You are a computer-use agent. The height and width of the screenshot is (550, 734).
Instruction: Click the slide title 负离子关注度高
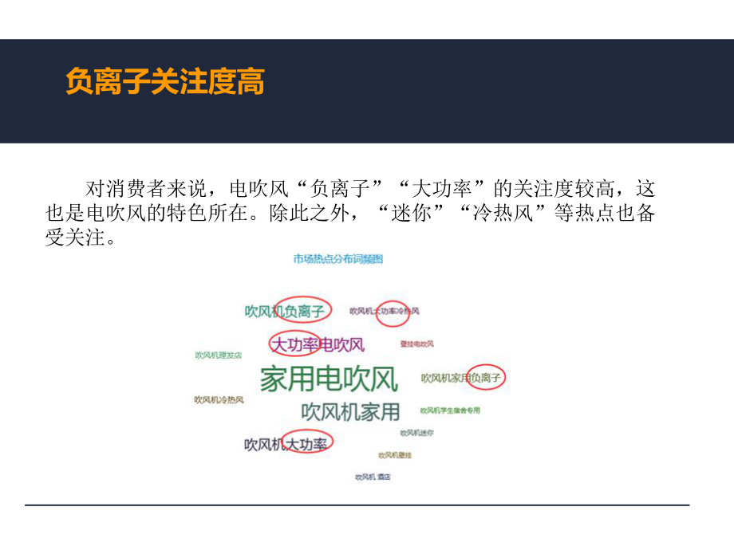(164, 82)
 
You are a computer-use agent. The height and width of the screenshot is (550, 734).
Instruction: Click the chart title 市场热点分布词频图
(337, 258)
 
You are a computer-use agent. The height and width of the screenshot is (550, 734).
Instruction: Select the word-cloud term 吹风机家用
(350, 411)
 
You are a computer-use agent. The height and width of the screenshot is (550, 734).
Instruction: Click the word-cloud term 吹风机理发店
(218, 355)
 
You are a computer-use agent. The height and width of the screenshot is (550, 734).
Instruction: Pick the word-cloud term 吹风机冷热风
(219, 399)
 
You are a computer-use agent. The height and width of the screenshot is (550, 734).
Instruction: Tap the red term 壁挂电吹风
(416, 344)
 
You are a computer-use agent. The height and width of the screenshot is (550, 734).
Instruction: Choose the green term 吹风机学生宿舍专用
(450, 411)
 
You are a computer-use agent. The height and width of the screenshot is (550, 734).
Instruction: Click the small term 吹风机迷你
(416, 433)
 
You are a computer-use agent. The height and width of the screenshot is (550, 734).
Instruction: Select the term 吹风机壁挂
(394, 455)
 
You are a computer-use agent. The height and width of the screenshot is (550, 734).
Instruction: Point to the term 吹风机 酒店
(373, 477)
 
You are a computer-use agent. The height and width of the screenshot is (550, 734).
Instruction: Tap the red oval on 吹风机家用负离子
(487, 377)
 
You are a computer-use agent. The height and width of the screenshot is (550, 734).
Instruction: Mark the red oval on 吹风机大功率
(308, 443)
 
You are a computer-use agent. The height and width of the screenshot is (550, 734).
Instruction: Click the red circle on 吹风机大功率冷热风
(391, 310)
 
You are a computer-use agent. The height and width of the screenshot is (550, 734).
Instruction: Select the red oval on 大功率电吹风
(294, 344)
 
